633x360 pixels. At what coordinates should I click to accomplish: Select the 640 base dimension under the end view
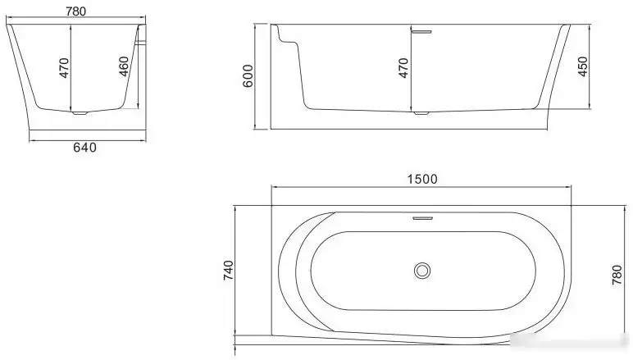coord(85,148)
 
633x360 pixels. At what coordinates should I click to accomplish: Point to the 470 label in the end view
coord(64,67)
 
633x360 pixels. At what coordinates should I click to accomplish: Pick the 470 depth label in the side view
coord(403,67)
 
